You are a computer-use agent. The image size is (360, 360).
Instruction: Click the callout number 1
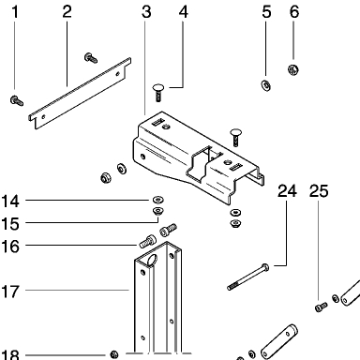pyautogui.click(x=15, y=12)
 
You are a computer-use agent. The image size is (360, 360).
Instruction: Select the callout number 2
pyautogui.click(x=67, y=12)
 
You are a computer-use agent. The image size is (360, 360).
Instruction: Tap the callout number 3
pyautogui.click(x=146, y=12)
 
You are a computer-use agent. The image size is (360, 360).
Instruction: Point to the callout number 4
pyautogui.click(x=184, y=12)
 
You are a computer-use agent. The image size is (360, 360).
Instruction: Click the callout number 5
pyautogui.click(x=266, y=12)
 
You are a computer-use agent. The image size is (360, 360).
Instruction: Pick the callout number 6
pyautogui.click(x=294, y=12)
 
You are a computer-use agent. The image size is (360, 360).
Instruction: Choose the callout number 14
pyautogui.click(x=10, y=201)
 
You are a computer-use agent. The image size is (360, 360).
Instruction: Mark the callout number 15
pyautogui.click(x=10, y=224)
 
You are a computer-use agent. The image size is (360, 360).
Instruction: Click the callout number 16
pyautogui.click(x=10, y=247)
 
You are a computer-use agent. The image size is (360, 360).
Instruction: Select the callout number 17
pyautogui.click(x=10, y=292)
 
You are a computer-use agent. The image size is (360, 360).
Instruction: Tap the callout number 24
pyautogui.click(x=287, y=191)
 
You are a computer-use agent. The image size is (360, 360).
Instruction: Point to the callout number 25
pyautogui.click(x=319, y=191)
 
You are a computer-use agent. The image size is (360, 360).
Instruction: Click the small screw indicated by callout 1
pyautogui.click(x=16, y=100)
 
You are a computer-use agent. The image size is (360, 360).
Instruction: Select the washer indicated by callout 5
pyautogui.click(x=266, y=85)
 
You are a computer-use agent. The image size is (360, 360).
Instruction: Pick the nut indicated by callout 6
pyautogui.click(x=293, y=69)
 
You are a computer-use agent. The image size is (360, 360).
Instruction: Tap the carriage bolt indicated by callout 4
pyautogui.click(x=158, y=92)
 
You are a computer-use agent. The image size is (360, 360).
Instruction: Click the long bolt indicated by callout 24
pyautogui.click(x=247, y=277)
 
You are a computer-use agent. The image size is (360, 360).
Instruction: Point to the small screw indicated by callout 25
pyautogui.click(x=321, y=307)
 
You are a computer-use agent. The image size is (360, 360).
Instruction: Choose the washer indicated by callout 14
pyautogui.click(x=158, y=199)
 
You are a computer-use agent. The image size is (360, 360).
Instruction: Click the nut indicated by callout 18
pyautogui.click(x=114, y=354)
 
